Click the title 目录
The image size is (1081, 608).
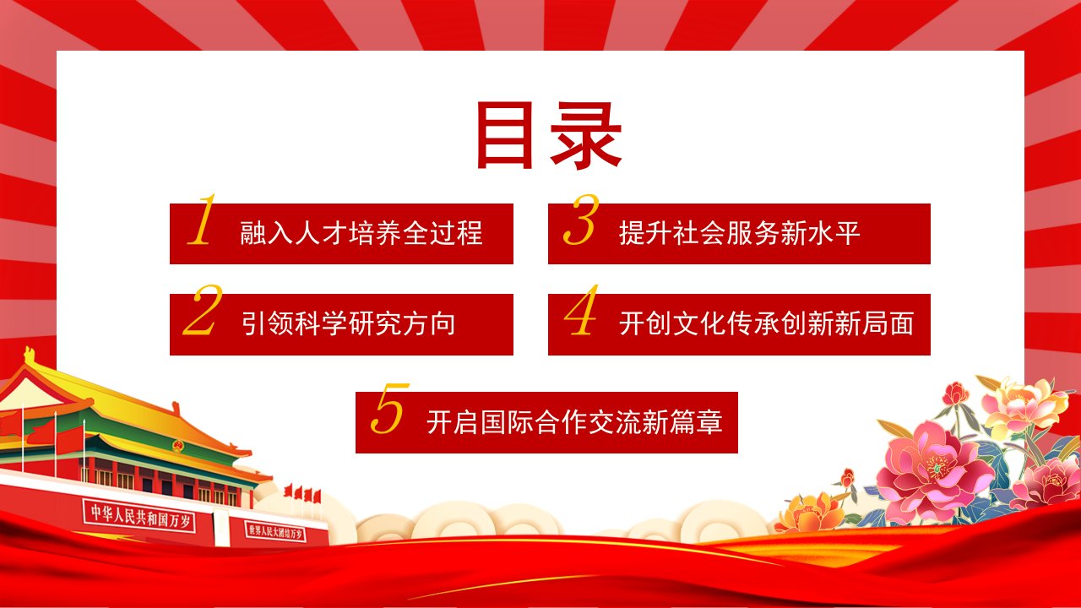[549, 136]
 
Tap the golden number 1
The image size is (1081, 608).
[202, 220]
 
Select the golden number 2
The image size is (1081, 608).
[203, 310]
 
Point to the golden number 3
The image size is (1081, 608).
[581, 220]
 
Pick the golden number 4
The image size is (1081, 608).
[582, 310]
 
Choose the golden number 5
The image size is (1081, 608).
[390, 408]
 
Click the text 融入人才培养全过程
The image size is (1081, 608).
[361, 233]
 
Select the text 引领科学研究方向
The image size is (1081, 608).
[348, 323]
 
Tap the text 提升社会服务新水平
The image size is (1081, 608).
[739, 233]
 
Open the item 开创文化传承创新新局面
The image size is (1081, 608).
[766, 323]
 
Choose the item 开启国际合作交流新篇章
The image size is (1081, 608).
[574, 421]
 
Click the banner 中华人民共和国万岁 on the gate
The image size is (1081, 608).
[139, 516]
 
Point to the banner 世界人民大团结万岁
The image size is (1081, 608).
[275, 531]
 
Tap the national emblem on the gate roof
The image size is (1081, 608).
[178, 446]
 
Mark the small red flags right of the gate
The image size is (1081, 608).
[302, 493]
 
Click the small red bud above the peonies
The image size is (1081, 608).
[954, 394]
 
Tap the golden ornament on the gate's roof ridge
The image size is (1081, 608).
[30, 356]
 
